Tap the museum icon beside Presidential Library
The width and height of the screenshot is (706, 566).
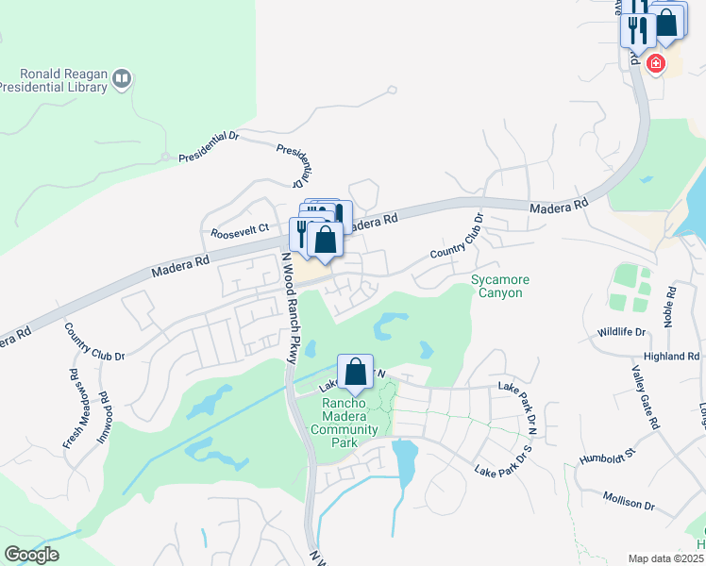pyautogui.click(x=121, y=79)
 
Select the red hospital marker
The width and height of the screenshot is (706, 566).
pyautogui.click(x=655, y=64)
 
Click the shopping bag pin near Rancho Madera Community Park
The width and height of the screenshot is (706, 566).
pyautogui.click(x=355, y=373)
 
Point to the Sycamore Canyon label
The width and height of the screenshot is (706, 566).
pyautogui.click(x=500, y=287)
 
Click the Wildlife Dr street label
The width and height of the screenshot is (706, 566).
pyautogui.click(x=621, y=333)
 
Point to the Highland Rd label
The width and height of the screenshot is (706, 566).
pyautogui.click(x=671, y=357)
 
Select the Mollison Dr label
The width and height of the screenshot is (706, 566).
pyautogui.click(x=629, y=502)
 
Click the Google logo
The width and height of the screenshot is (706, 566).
pyautogui.click(x=31, y=555)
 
